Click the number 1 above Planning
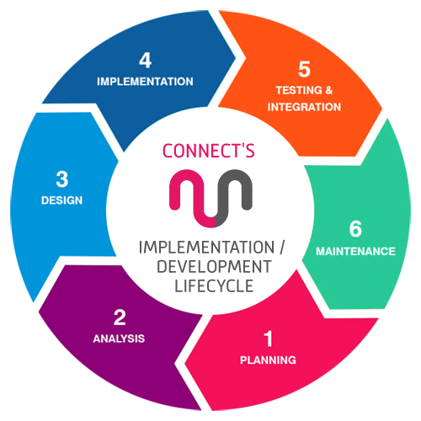[x=269, y=338]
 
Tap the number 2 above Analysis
[x=120, y=317]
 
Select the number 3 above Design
[x=62, y=179]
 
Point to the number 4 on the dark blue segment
[x=146, y=61]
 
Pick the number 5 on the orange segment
[x=304, y=69]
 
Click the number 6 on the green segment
[x=355, y=229]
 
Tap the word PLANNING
[x=268, y=360]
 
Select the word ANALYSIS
[x=119, y=338]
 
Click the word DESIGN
[x=61, y=200]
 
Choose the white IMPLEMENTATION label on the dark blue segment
[x=145, y=82]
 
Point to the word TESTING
[x=299, y=90]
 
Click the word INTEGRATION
[x=304, y=107]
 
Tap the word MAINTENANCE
[x=355, y=251]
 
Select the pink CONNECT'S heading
[x=209, y=151]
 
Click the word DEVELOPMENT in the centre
[x=214, y=267]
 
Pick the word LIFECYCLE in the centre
[x=214, y=286]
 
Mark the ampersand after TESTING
[x=329, y=90]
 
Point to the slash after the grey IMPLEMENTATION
[x=282, y=248]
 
